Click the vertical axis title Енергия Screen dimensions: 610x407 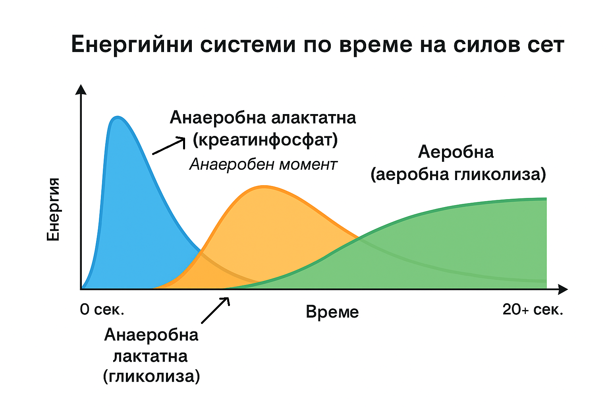[53, 209]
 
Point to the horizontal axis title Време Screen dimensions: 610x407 [332, 312]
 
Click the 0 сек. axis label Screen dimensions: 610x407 [102, 309]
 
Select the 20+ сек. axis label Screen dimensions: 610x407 [533, 309]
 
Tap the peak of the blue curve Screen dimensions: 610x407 [118, 117]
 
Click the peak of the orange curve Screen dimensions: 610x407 [264, 187]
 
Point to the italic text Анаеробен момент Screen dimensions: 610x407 [263, 165]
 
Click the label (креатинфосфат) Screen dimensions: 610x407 [265, 140]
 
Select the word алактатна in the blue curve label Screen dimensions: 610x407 [313, 118]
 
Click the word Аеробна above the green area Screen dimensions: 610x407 [456, 152]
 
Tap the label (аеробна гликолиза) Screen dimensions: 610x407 [458, 174]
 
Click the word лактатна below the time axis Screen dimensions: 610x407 [151, 356]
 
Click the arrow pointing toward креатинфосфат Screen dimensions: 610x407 [168, 146]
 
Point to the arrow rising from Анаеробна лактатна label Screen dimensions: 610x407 [215, 310]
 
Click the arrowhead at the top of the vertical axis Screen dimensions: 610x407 [81, 89]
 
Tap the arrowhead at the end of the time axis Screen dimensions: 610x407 [563, 289]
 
